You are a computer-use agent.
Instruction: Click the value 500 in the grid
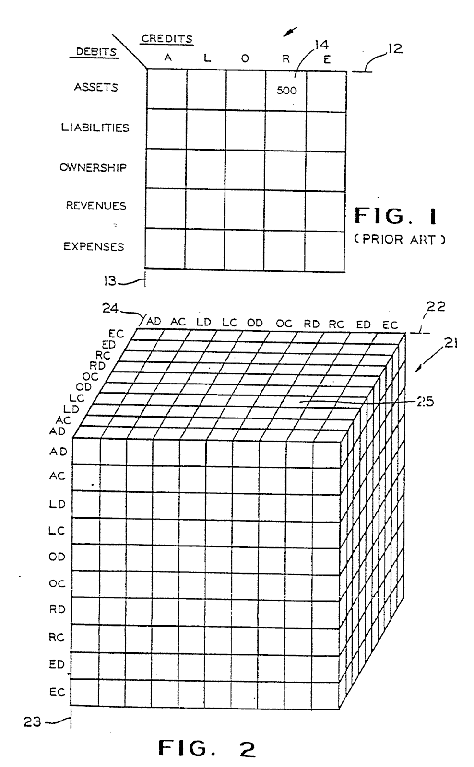(x=286, y=90)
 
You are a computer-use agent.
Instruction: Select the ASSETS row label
(x=96, y=87)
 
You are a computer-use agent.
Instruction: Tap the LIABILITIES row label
(x=95, y=128)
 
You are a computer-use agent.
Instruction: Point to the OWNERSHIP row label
(x=93, y=167)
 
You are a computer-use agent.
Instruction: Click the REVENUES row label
(x=96, y=206)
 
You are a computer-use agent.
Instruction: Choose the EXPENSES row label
(x=94, y=246)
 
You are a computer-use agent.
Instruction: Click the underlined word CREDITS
(x=167, y=39)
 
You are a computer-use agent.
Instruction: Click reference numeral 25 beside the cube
(x=425, y=402)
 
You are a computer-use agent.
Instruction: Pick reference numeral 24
(x=110, y=309)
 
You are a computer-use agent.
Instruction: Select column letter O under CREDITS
(x=245, y=58)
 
